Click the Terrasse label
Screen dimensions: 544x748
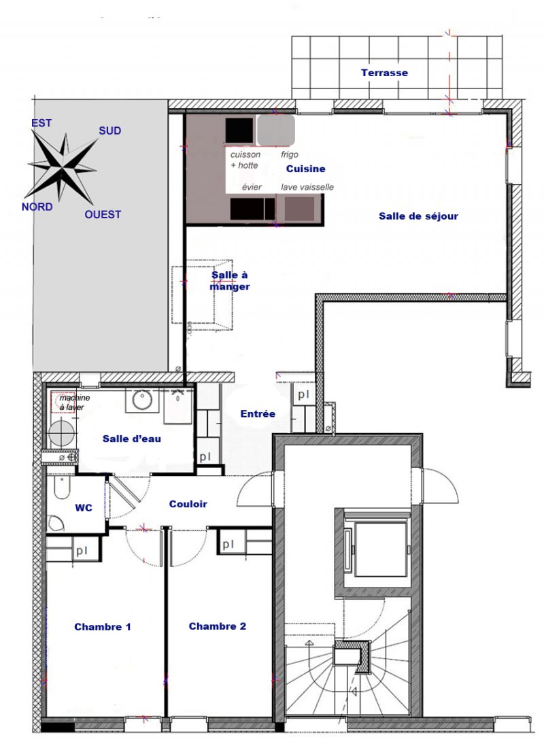click(x=384, y=73)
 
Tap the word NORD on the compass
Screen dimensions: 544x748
click(x=37, y=207)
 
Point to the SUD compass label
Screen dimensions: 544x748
click(x=109, y=131)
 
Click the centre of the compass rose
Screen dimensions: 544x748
click(x=63, y=167)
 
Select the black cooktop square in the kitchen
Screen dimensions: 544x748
click(x=239, y=131)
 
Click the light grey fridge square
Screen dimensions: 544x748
click(x=276, y=130)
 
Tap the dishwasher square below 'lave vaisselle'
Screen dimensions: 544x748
click(x=300, y=209)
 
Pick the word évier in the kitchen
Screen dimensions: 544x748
click(x=252, y=188)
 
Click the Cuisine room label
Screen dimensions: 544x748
click(x=306, y=169)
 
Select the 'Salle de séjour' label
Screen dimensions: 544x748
click(x=418, y=216)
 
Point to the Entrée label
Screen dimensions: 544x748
click(x=258, y=414)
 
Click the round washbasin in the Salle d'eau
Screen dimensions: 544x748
click(x=142, y=399)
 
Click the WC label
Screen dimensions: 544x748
click(x=84, y=508)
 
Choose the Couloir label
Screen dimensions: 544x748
click(x=188, y=505)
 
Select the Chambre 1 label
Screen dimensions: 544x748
click(x=103, y=627)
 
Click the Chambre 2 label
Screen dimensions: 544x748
click(x=218, y=626)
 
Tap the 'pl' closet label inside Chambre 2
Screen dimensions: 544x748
click(x=228, y=544)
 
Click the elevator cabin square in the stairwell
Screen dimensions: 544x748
click(x=381, y=549)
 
